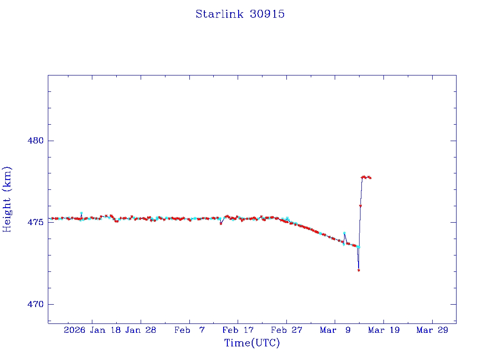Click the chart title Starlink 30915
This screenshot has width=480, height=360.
click(240, 14)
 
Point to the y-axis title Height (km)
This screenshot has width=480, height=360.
click(7, 199)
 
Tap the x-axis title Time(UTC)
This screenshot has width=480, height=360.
click(252, 343)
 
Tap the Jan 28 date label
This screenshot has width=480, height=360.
click(141, 330)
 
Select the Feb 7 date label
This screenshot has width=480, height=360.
click(189, 330)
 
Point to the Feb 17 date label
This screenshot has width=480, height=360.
click(238, 330)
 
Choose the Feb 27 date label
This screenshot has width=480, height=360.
click(286, 330)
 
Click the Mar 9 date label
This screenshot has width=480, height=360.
click(335, 330)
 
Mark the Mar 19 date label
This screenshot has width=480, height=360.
click(383, 330)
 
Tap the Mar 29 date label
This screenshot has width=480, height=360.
click(432, 330)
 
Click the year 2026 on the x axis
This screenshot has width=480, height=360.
click(75, 330)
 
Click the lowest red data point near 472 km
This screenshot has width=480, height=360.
click(359, 270)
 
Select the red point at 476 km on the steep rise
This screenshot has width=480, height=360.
click(360, 206)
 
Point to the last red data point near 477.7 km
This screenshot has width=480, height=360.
click(370, 178)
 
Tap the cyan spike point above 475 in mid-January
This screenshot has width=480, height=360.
click(81, 213)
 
